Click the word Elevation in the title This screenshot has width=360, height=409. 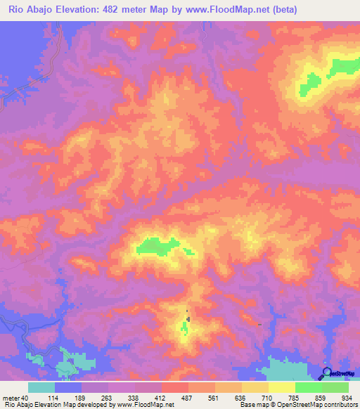click(x=78, y=10)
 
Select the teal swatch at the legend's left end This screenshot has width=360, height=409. click(x=41, y=387)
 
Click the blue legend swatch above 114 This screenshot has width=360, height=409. click(x=68, y=387)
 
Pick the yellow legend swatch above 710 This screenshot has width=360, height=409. click(x=255, y=387)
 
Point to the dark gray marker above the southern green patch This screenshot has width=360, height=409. click(x=187, y=311)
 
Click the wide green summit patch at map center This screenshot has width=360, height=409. click(x=157, y=245)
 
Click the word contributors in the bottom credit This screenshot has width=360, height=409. click(x=339, y=405)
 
